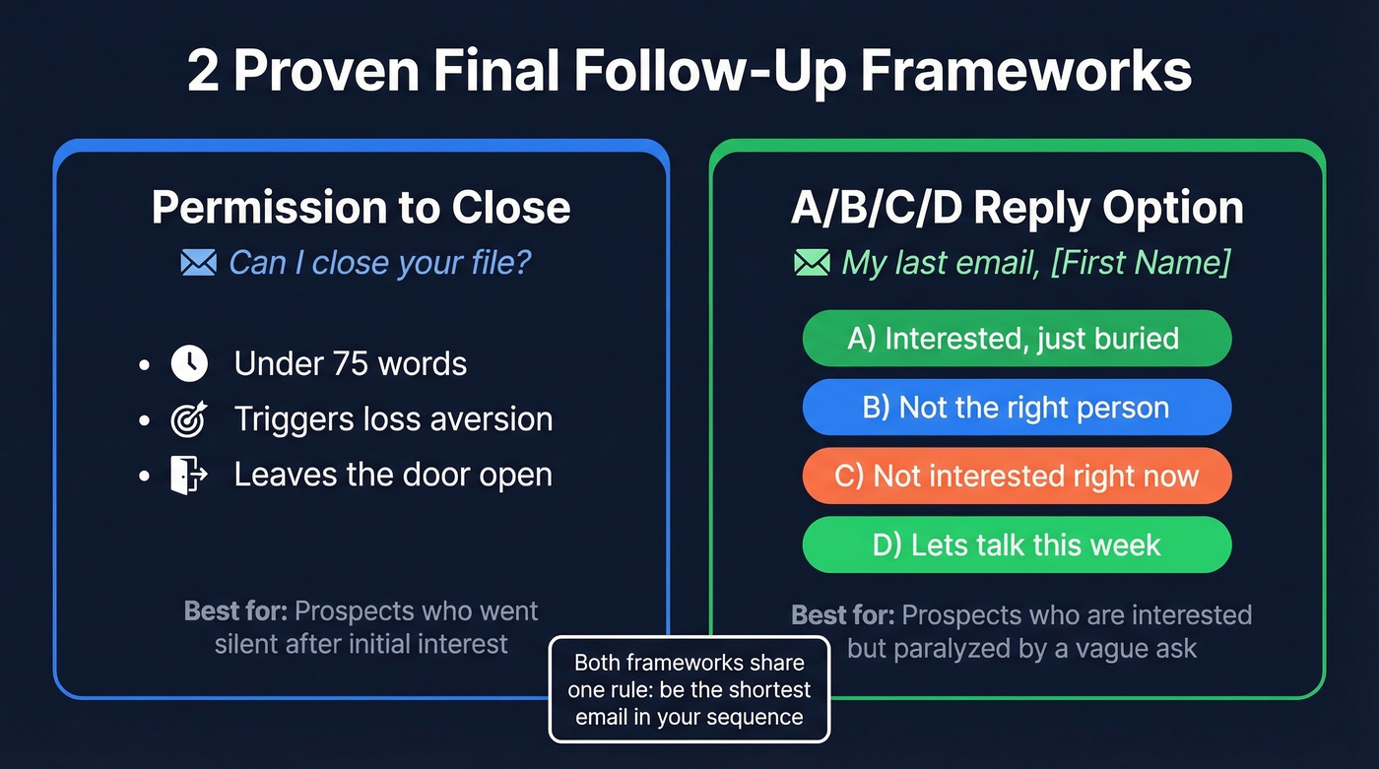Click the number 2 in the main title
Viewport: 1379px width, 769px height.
coord(203,72)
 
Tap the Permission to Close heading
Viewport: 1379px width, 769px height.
coord(361,208)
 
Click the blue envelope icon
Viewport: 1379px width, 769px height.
coord(198,263)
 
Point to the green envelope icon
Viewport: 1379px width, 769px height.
coord(812,263)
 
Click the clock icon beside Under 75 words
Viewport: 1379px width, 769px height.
coord(189,363)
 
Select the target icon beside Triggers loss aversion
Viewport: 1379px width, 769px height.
coord(189,419)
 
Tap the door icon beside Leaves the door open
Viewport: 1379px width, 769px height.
coord(189,475)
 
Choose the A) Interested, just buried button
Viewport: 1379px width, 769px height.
coord(1017,339)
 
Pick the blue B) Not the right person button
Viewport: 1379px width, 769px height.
coord(1017,408)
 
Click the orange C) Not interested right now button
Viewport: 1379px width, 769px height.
coord(1017,477)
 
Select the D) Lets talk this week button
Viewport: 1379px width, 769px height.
coord(1017,545)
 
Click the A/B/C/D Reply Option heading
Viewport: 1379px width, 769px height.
coord(1017,208)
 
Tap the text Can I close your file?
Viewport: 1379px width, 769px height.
coord(380,263)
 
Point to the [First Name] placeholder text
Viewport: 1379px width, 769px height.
coord(1140,263)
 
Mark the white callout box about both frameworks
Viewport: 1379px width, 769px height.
coord(689,689)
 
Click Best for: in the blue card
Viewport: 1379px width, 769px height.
coord(235,610)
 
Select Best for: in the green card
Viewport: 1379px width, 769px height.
coord(843,615)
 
